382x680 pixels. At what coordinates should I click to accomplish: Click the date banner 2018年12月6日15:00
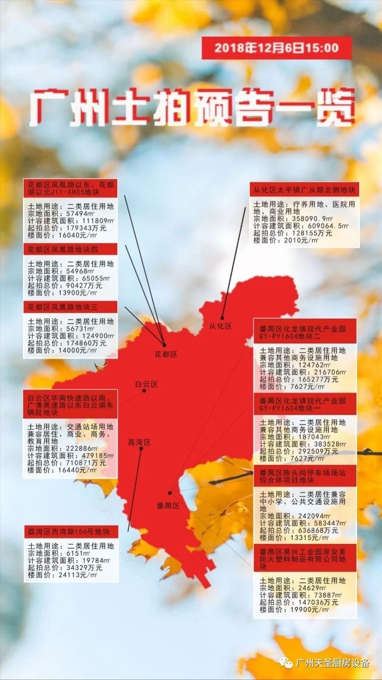click(x=276, y=48)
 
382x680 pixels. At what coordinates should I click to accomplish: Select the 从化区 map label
click(x=220, y=326)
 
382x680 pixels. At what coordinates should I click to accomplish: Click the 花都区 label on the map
click(x=166, y=354)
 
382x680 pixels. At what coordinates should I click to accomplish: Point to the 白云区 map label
click(x=146, y=384)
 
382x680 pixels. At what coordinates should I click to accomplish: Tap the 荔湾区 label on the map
click(x=139, y=442)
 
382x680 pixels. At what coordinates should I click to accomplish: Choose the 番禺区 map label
click(x=168, y=505)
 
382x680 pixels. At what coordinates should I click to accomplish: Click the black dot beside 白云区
click(x=144, y=391)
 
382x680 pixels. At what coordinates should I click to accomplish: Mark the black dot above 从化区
click(x=222, y=317)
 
